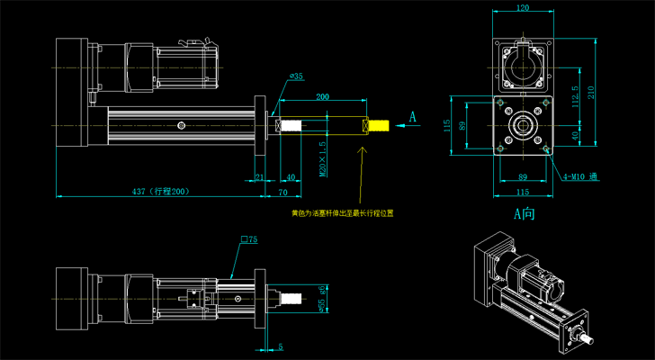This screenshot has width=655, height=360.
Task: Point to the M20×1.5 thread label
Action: click(x=323, y=157)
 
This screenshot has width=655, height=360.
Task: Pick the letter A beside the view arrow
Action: click(x=413, y=116)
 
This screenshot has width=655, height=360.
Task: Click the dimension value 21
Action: click(x=260, y=176)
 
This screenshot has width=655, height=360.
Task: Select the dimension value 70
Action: click(x=283, y=191)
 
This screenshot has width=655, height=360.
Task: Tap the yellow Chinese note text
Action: click(x=343, y=214)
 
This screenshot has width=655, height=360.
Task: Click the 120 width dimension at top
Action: click(x=522, y=8)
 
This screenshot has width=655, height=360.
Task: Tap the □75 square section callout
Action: click(x=249, y=240)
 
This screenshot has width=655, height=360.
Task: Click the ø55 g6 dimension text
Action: click(x=321, y=294)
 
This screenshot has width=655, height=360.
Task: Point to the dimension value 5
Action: click(x=281, y=346)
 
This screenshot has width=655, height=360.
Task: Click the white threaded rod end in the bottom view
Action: click(x=291, y=296)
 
